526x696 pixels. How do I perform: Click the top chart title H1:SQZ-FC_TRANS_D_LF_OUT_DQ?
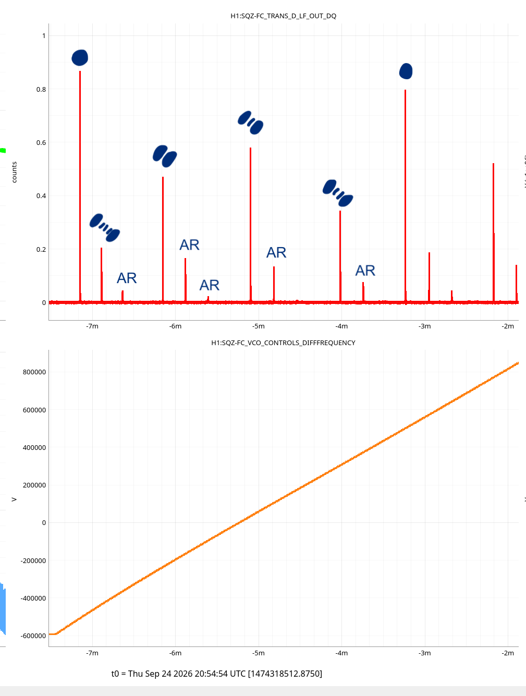pyautogui.click(x=283, y=16)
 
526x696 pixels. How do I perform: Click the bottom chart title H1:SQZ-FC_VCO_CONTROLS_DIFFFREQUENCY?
pyautogui.click(x=283, y=343)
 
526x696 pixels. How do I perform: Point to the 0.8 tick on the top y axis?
pyautogui.click(x=41, y=90)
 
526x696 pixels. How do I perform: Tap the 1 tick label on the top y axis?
pyautogui.click(x=44, y=36)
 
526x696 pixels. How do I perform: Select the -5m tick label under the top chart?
pyautogui.click(x=259, y=326)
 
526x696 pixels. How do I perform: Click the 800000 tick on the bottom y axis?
pyautogui.click(x=34, y=372)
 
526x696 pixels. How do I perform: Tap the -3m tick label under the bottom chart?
pyautogui.click(x=424, y=653)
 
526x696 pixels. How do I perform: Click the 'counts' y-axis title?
pyautogui.click(x=14, y=172)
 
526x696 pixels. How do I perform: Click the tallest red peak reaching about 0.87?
pyautogui.click(x=80, y=187)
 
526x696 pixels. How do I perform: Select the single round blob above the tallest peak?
pyautogui.click(x=80, y=58)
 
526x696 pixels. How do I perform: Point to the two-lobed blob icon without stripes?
pyautogui.click(x=165, y=156)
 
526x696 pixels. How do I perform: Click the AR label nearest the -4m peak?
pyautogui.click(x=365, y=271)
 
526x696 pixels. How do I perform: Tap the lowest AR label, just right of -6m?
pyautogui.click(x=209, y=285)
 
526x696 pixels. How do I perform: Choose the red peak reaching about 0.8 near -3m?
pyautogui.click(x=405, y=196)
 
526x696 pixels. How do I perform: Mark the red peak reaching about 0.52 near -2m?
pyautogui.click(x=493, y=233)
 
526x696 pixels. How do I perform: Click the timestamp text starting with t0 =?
pyautogui.click(x=216, y=674)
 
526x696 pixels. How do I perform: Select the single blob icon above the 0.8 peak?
pyautogui.click(x=406, y=71)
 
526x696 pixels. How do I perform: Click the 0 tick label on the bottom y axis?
pyautogui.click(x=44, y=522)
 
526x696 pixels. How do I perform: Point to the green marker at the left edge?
pyautogui.click(x=3, y=150)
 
